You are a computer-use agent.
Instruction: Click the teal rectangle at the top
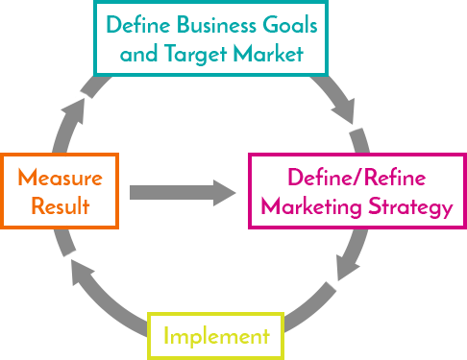[210, 37]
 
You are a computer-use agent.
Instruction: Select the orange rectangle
[60, 190]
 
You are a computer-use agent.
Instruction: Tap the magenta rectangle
[355, 190]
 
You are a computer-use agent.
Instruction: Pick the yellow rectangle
[215, 334]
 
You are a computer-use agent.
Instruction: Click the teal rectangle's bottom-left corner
[93, 74]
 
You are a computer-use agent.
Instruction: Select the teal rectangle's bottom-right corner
[328, 74]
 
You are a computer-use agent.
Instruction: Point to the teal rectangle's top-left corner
[93, 1]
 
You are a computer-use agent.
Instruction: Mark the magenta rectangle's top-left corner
[247, 153]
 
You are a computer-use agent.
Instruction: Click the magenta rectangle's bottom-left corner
[247, 228]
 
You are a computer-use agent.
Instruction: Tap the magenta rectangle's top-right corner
[464, 153]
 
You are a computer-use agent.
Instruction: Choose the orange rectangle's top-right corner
[120, 153]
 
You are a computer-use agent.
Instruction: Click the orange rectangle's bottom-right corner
[120, 228]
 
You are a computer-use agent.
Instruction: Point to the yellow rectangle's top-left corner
[147, 312]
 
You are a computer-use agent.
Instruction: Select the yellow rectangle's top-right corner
[284, 312]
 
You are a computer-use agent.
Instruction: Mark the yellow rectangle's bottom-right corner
[284, 358]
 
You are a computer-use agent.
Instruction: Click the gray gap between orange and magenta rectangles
[184, 190]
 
